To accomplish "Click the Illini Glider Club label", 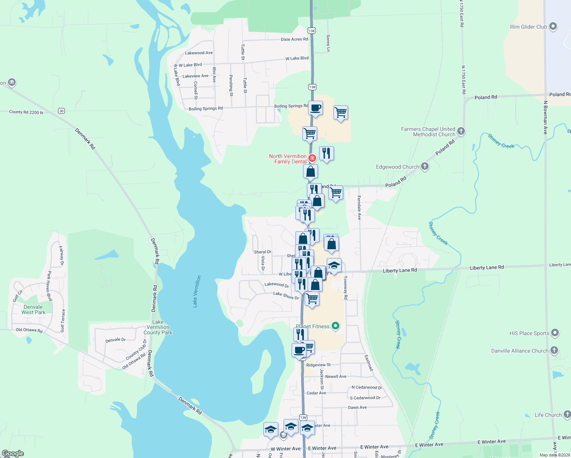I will click(x=528, y=27).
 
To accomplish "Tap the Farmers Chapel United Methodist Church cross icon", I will click(x=461, y=131).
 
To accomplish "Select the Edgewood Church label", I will click(x=397, y=167).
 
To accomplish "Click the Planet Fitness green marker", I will click(x=336, y=326).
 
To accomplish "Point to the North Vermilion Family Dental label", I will click(x=288, y=159).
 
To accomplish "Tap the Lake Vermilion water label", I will click(x=196, y=291).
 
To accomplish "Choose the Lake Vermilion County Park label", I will click(x=158, y=327).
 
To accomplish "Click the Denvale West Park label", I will click(x=33, y=310).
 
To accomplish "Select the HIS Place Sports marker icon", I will click(x=555, y=333).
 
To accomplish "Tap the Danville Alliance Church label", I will click(x=519, y=351).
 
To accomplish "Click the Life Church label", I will click(x=548, y=415).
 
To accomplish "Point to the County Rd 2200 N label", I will click(x=26, y=112).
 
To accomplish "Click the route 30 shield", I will click(x=61, y=111).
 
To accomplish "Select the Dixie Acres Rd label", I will click(x=294, y=39).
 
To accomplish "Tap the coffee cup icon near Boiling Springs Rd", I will click(x=315, y=108).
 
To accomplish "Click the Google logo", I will click(x=13, y=453).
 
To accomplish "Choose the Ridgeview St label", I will click(x=318, y=365).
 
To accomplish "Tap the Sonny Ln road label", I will click(x=328, y=43).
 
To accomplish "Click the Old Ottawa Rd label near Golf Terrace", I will click(x=29, y=330).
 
